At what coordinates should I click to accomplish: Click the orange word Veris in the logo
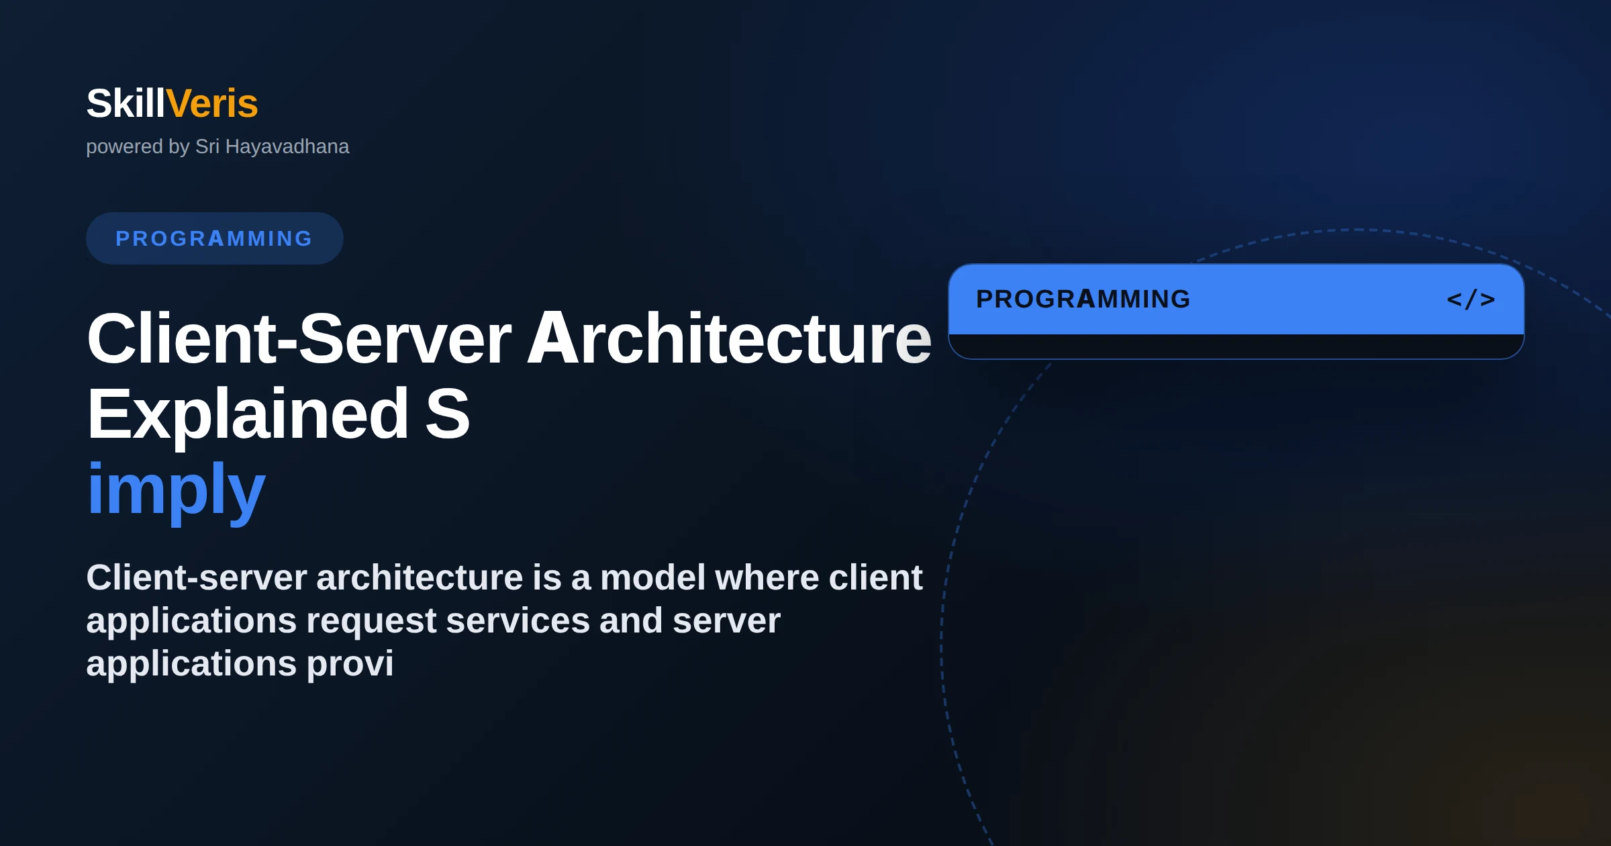click(x=212, y=103)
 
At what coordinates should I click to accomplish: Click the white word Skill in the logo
click(x=126, y=103)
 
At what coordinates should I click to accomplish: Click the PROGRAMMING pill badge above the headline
click(x=215, y=238)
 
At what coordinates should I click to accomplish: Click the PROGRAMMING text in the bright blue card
click(x=1083, y=299)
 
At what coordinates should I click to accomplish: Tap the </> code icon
click(x=1471, y=299)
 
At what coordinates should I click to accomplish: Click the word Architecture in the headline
click(x=730, y=338)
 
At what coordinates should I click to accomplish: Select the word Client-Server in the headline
click(x=299, y=338)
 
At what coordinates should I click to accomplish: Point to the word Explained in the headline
click(x=248, y=414)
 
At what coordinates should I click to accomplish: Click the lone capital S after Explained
click(x=448, y=414)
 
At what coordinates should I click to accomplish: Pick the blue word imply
click(x=177, y=490)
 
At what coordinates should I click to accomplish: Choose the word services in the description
click(x=518, y=620)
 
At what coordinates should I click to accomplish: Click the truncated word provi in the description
click(x=350, y=664)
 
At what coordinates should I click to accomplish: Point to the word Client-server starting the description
click(x=197, y=577)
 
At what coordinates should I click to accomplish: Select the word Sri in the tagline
click(x=207, y=146)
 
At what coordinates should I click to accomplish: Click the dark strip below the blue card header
click(x=1236, y=346)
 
